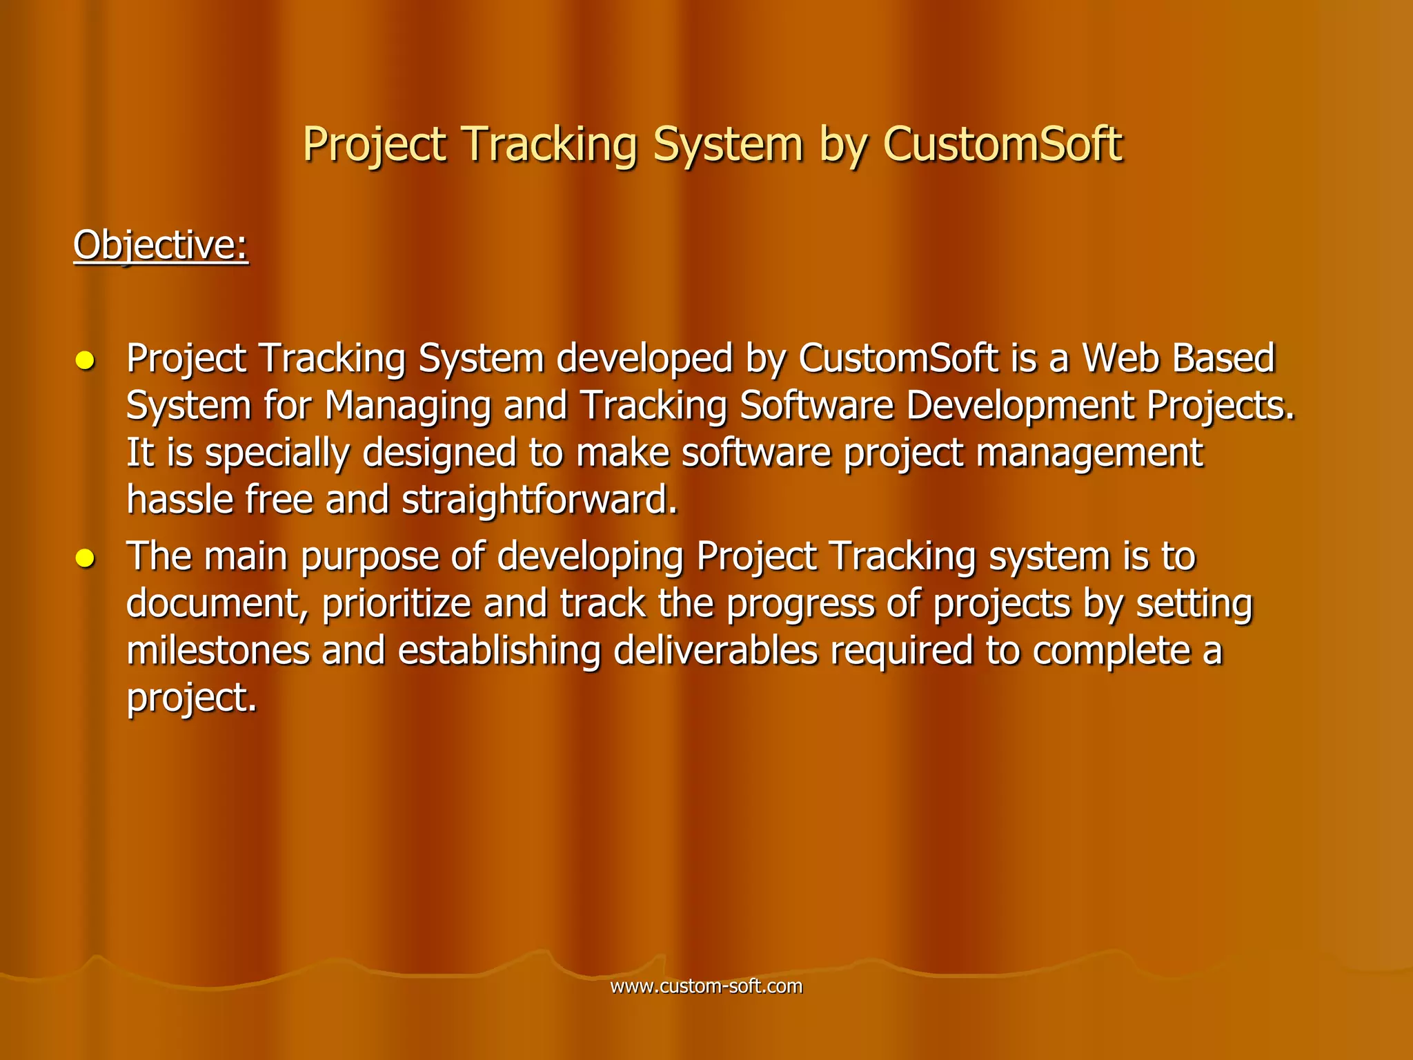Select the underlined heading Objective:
pos(161,245)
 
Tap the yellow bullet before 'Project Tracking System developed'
pos(85,360)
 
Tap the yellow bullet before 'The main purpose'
pos(85,558)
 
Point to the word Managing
pos(407,406)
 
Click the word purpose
pos(370,557)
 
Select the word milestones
pos(218,650)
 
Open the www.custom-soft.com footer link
pos(706,986)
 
